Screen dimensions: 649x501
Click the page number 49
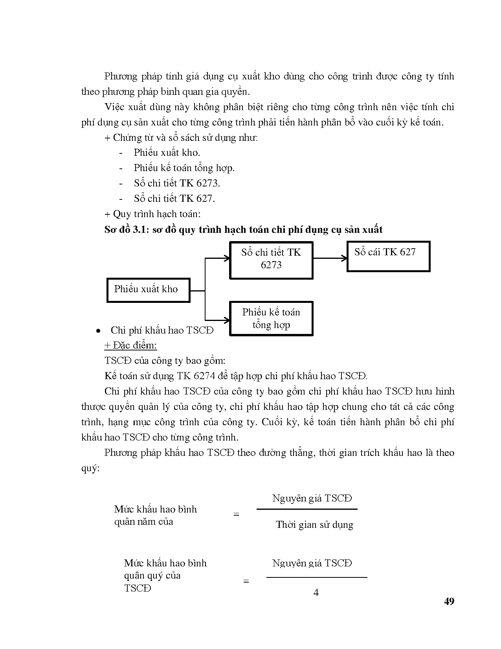[449, 601]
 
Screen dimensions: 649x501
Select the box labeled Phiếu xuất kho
[148, 290]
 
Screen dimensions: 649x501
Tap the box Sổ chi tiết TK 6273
[271, 260]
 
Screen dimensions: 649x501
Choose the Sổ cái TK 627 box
[388, 256]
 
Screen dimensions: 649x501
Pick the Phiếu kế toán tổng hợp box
[271, 318]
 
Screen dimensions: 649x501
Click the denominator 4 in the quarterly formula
[316, 592]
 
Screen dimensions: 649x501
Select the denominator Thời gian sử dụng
[314, 525]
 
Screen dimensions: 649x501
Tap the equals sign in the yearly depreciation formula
[236, 514]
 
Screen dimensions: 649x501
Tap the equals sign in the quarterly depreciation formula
[246, 581]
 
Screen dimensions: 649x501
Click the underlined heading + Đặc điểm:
[130, 345]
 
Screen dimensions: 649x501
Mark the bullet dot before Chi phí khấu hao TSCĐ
[99, 331]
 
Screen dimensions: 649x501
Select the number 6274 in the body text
[204, 376]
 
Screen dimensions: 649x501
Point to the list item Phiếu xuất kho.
[167, 153]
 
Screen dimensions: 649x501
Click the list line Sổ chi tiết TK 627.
[174, 199]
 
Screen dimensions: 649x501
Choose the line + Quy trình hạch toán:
[152, 214]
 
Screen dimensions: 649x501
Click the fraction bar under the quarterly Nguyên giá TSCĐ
[316, 577]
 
